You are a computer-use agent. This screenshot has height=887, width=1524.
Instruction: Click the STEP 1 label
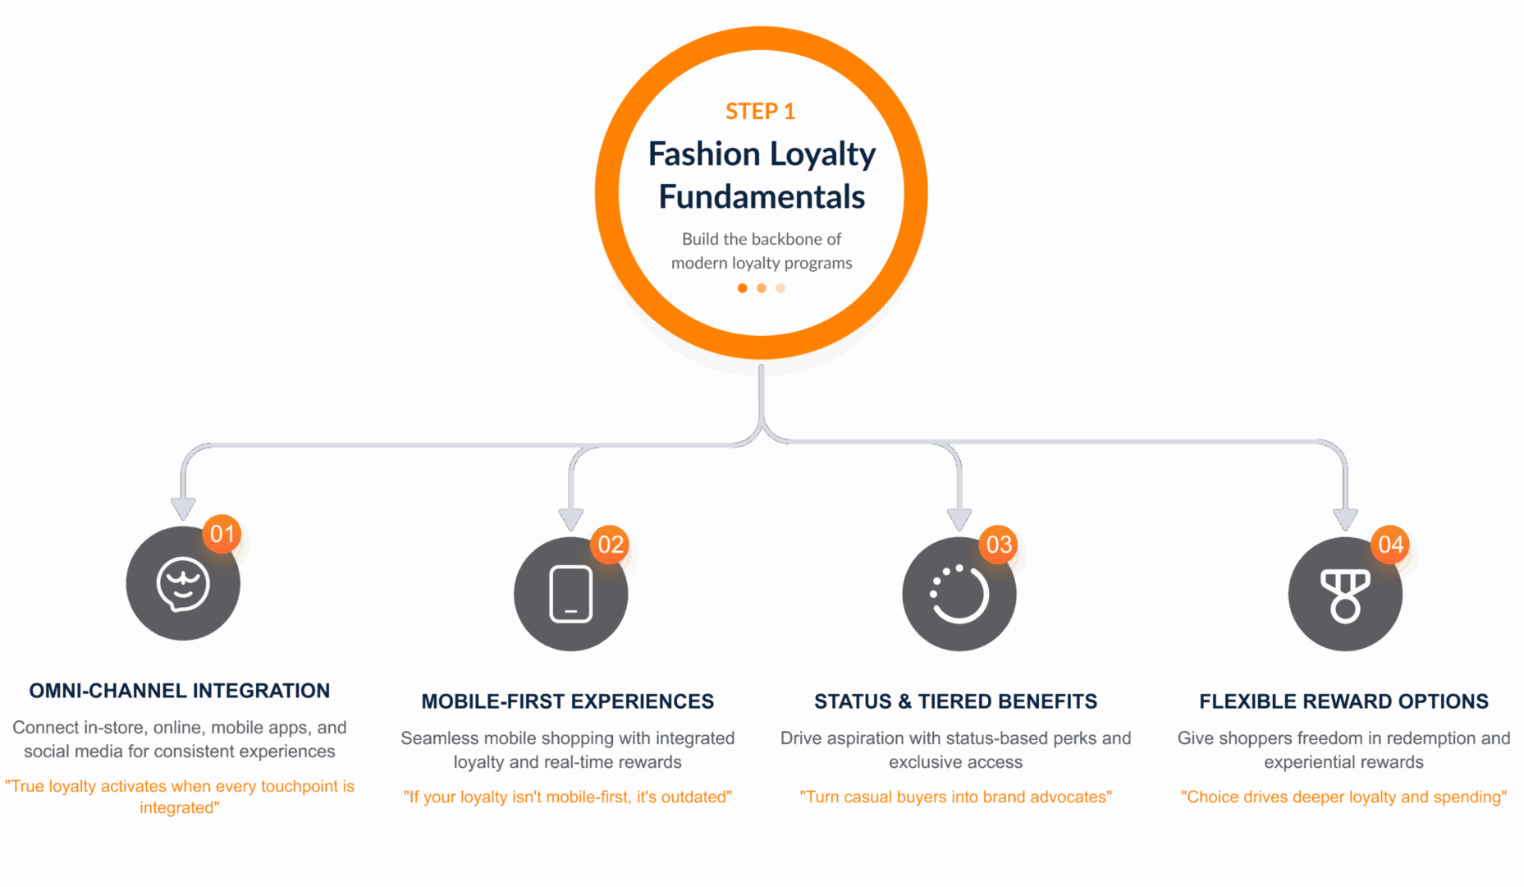pyautogui.click(x=760, y=112)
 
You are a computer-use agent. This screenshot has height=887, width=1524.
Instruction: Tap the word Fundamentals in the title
pyautogui.click(x=762, y=197)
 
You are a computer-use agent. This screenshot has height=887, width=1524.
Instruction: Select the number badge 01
pyautogui.click(x=222, y=535)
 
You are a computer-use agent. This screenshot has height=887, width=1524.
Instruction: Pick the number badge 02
pyautogui.click(x=611, y=545)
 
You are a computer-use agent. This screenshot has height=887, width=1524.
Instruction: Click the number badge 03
pyautogui.click(x=999, y=545)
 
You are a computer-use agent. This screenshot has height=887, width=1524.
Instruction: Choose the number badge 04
pyautogui.click(x=1391, y=545)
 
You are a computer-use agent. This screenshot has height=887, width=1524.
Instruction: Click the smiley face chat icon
pyautogui.click(x=183, y=585)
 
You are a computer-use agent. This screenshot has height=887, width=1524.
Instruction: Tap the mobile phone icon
pyautogui.click(x=571, y=594)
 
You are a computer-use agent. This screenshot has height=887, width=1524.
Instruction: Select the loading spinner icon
pyautogui.click(x=959, y=594)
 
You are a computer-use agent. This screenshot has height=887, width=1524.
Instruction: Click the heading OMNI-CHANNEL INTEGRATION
pyautogui.click(x=180, y=692)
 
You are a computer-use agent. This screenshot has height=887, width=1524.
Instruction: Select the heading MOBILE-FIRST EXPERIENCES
pyautogui.click(x=568, y=702)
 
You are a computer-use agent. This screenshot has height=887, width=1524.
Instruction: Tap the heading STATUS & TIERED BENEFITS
pyautogui.click(x=955, y=702)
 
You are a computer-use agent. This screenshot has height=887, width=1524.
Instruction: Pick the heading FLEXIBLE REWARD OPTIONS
pyautogui.click(x=1343, y=702)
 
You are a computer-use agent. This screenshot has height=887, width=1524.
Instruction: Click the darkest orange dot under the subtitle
pyautogui.click(x=742, y=288)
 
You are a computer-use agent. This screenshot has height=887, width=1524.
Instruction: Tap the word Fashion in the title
pyautogui.click(x=704, y=154)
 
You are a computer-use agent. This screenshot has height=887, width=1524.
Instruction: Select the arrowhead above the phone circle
pyautogui.click(x=571, y=519)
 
